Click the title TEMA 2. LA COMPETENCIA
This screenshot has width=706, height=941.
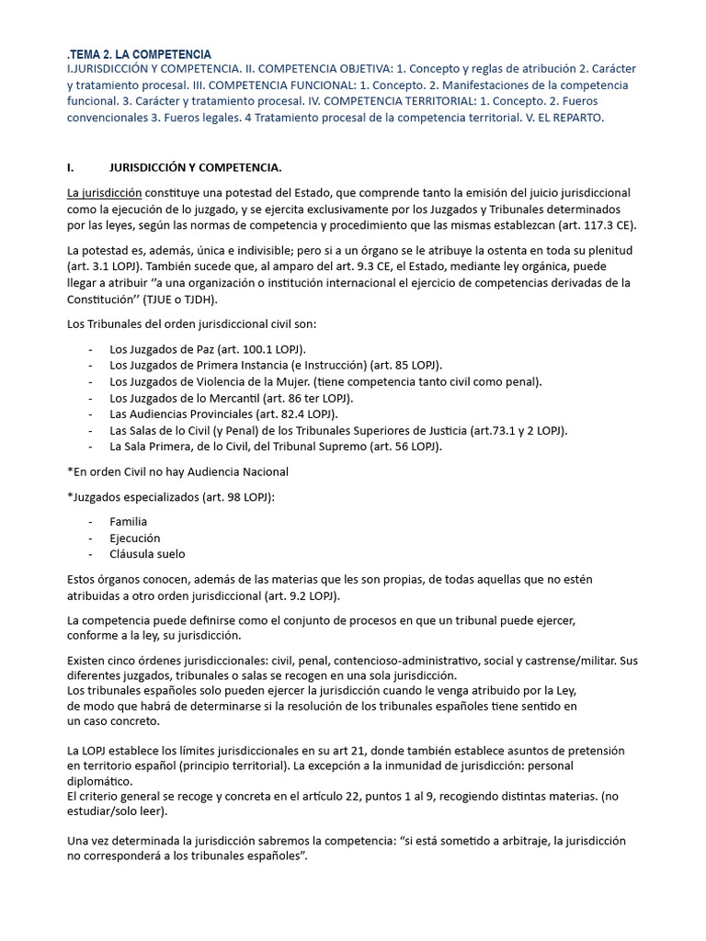click(141, 55)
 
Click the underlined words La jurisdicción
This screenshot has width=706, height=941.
click(105, 193)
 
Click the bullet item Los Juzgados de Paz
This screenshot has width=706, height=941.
click(208, 350)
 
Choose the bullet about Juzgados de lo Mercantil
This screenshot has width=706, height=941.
click(231, 398)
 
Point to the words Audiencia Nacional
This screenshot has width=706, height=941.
click(230, 471)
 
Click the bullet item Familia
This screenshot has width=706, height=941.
click(128, 521)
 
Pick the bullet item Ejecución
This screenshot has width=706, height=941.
click(134, 538)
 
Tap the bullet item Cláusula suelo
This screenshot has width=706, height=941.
click(147, 554)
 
